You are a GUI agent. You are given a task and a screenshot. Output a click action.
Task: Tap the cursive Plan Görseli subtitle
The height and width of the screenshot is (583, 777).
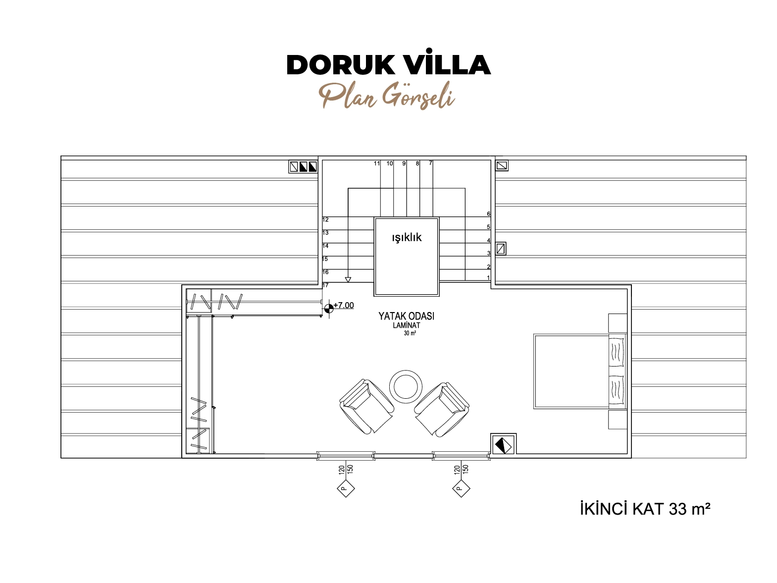[x=387, y=96]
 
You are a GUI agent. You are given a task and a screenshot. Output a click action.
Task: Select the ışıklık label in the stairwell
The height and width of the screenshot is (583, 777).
[x=407, y=238]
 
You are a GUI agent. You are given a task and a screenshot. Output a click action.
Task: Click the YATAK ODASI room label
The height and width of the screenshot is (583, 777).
[x=406, y=316]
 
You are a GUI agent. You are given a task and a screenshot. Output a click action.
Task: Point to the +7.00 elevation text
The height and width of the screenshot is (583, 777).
[x=343, y=305]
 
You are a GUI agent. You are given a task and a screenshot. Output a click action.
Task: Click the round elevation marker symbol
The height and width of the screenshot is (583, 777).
[x=328, y=308]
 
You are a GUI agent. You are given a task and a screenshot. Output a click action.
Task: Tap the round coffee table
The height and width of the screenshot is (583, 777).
[x=406, y=386]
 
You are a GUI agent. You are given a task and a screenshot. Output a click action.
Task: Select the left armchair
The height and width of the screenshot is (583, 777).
[x=366, y=407]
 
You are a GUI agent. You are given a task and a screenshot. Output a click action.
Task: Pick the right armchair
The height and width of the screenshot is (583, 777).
[x=442, y=409]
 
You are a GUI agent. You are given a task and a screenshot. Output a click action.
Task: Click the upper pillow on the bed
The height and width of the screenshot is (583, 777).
[x=616, y=352]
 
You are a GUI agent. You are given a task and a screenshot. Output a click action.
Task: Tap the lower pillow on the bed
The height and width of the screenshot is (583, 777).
[x=616, y=390]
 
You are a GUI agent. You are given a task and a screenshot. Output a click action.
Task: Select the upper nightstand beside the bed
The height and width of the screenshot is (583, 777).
[x=618, y=323]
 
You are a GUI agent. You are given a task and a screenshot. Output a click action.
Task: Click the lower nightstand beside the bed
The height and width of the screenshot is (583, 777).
[x=618, y=420]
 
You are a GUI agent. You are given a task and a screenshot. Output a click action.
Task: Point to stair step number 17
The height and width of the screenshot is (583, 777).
[x=325, y=285]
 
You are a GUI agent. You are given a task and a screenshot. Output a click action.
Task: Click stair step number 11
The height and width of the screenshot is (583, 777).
[x=377, y=163]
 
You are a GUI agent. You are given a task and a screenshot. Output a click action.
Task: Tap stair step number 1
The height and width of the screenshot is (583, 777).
[x=488, y=278]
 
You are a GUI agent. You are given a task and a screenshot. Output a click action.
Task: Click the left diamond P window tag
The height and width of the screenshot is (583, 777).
[x=346, y=488]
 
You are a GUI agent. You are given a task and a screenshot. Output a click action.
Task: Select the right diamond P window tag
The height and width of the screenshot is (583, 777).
[x=461, y=488]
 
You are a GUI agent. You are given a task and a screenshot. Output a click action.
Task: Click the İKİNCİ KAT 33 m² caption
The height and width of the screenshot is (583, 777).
[x=645, y=509]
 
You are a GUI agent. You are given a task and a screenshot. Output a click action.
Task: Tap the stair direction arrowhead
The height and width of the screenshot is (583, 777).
[x=348, y=280]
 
